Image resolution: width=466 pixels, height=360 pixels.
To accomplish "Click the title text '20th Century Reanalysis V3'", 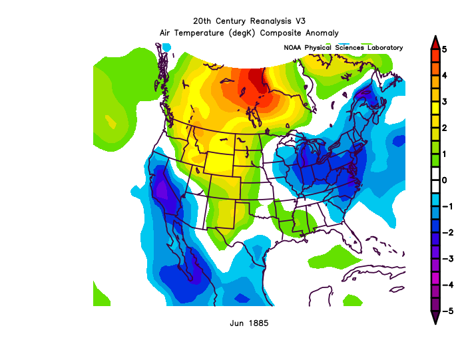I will click(249, 21).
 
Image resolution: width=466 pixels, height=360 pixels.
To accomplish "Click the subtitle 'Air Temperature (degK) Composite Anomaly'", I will click(249, 33).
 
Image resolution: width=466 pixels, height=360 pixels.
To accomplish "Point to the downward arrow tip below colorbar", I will click(434, 320).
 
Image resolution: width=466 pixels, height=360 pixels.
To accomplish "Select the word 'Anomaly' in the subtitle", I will click(322, 33).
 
